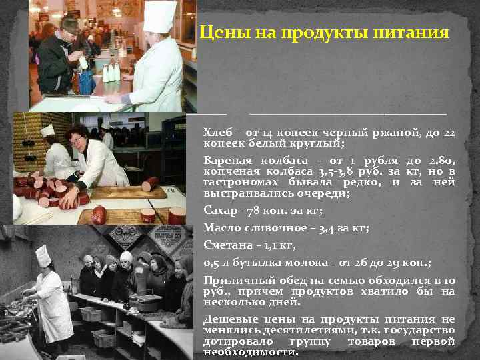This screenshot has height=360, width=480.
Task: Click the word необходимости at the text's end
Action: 250,351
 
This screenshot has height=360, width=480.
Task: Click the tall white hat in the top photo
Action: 160,16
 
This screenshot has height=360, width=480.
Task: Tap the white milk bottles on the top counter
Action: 111,71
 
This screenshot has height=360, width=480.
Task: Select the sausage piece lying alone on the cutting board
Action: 99,215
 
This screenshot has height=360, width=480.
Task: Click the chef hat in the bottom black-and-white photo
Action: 43,255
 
